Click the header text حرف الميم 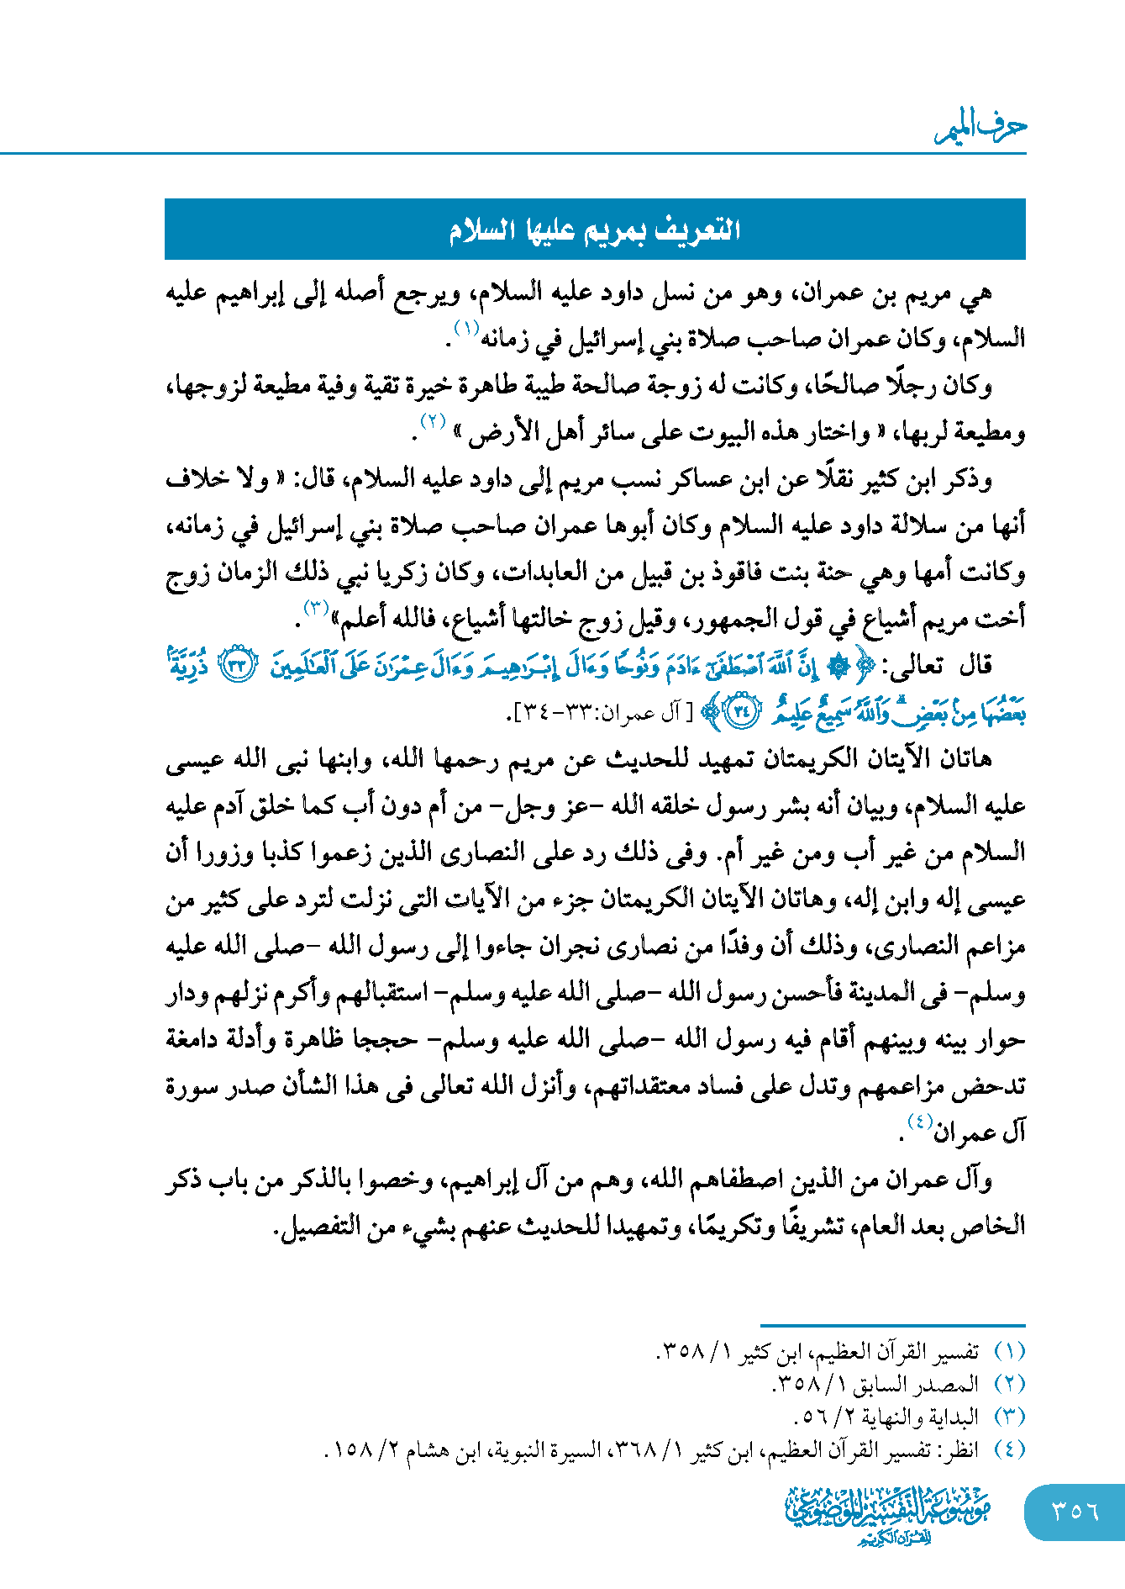click(x=981, y=129)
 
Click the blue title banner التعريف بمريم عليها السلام click(x=595, y=230)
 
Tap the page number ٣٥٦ click(x=1075, y=1512)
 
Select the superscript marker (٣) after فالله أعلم click(x=317, y=607)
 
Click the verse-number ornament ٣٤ click(x=740, y=711)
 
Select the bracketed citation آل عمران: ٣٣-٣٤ click(x=600, y=714)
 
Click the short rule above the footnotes click(x=892, y=1325)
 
